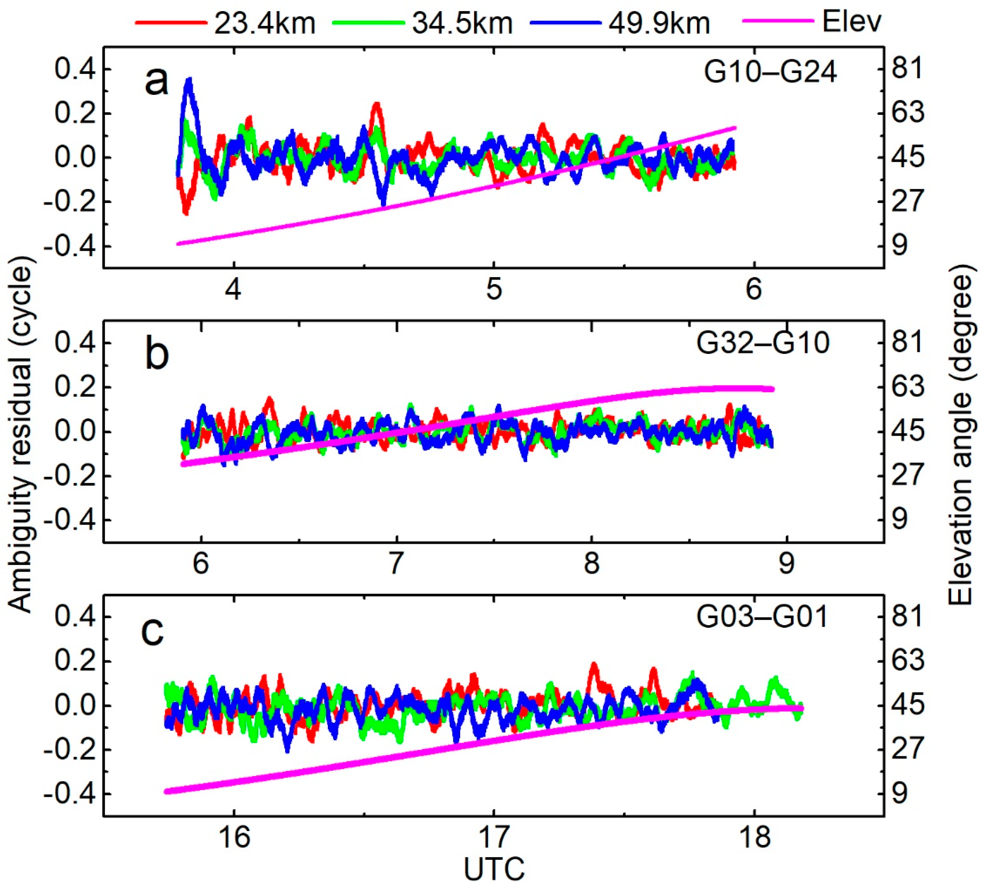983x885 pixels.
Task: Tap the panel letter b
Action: coord(157,355)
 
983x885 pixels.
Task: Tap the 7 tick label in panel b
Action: coord(397,564)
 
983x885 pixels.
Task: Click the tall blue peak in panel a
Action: coord(189,80)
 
